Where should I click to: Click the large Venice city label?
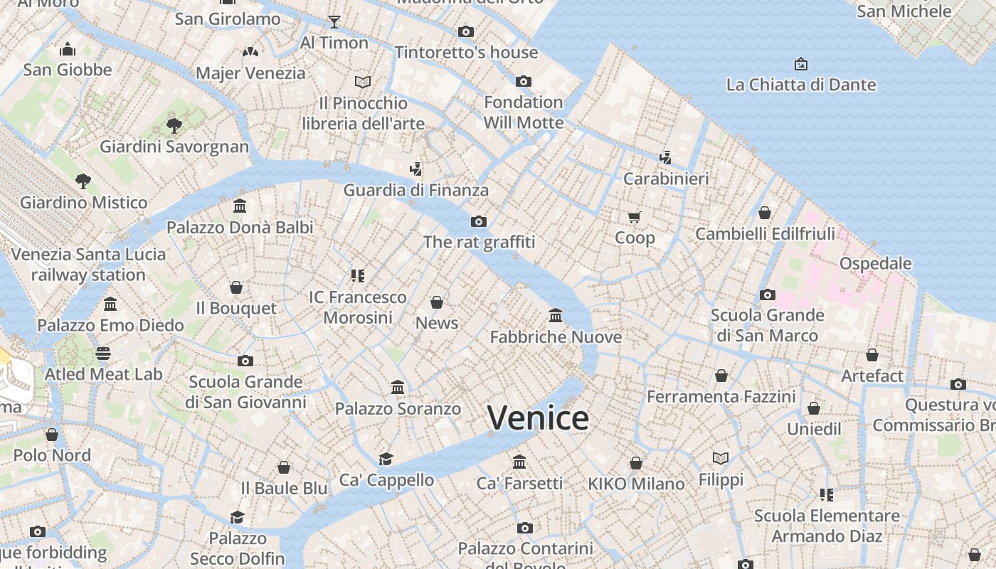(x=538, y=418)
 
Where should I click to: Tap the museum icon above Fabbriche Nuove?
(x=556, y=315)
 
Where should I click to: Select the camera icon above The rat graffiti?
(x=479, y=221)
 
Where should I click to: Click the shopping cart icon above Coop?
(x=635, y=217)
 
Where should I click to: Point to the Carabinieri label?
(x=666, y=179)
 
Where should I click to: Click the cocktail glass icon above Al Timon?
(x=334, y=21)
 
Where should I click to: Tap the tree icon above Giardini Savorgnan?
(x=174, y=126)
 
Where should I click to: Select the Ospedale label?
(x=875, y=263)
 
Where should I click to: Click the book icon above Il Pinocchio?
(x=363, y=82)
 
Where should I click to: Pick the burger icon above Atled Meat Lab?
(x=103, y=353)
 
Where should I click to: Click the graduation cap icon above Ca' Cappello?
(x=386, y=459)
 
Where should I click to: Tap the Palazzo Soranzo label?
(x=398, y=409)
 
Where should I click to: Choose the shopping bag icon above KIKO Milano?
(x=636, y=463)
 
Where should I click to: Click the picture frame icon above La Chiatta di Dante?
(x=801, y=64)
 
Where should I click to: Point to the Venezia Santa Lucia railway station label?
(x=88, y=264)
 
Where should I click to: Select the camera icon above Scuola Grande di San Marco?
(x=767, y=294)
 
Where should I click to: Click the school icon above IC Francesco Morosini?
(x=357, y=275)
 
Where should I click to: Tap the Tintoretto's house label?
(x=466, y=53)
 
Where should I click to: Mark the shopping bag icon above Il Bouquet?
(x=236, y=287)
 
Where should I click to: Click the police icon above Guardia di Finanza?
(x=416, y=169)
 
